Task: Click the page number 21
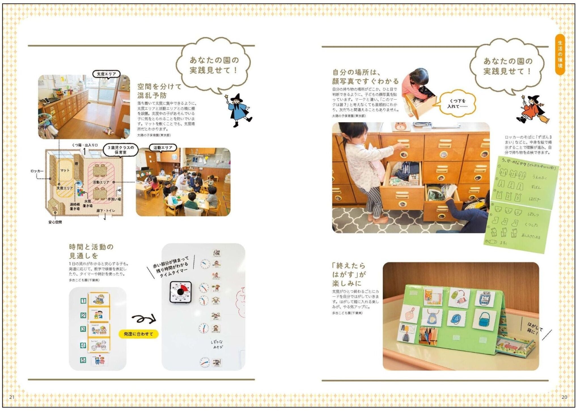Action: pos(12,397)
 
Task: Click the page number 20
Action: pos(564,397)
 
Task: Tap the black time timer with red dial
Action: pos(181,292)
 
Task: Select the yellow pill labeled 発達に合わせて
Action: pos(138,334)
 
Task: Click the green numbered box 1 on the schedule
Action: pos(83,301)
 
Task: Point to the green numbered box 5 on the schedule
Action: pos(83,360)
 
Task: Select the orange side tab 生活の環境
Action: pos(560,54)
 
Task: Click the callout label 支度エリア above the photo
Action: pos(106,74)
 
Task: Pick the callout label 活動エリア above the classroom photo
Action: pos(163,148)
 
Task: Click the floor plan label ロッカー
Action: pos(37,171)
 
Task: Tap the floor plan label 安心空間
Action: pos(55,222)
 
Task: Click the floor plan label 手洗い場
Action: pos(114,199)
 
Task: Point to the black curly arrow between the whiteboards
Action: pos(144,319)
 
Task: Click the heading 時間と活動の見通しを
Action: pos(91,251)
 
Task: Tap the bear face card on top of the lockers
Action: pos(401,127)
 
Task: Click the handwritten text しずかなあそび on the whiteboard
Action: pos(217,344)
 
